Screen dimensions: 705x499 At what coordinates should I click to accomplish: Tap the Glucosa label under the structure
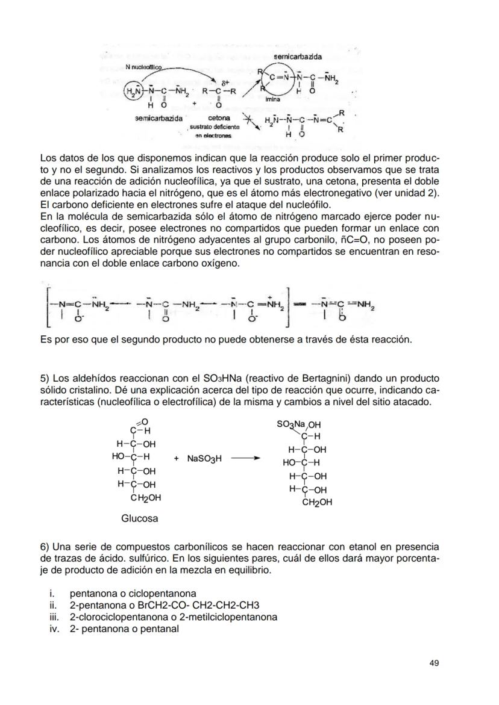[x=140, y=518]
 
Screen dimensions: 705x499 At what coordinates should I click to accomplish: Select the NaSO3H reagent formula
[x=204, y=459]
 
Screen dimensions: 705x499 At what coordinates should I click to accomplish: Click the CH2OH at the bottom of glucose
[x=146, y=498]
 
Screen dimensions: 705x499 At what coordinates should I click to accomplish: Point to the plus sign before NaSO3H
[x=177, y=459]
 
